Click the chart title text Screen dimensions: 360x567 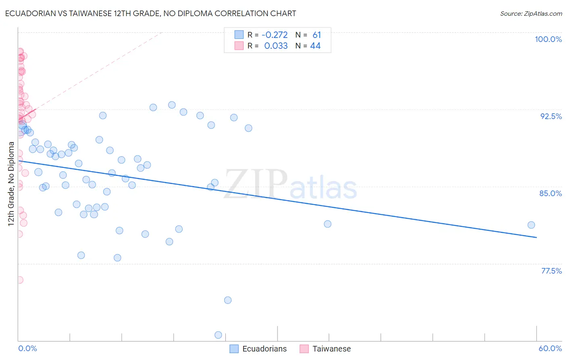pos(150,13)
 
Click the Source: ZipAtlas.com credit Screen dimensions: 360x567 pos(531,13)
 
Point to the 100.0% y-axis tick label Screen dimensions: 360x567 pos(548,39)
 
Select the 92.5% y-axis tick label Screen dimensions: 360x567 pos(551,116)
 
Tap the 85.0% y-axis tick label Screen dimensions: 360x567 pos(550,193)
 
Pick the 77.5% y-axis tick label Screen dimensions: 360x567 pos(551,271)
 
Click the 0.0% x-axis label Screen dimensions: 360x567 pos(27,348)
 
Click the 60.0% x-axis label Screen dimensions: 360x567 pos(550,348)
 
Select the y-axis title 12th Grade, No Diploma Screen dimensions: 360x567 pos(11,184)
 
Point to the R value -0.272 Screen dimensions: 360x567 pos(274,35)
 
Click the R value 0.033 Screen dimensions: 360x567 pos(276,46)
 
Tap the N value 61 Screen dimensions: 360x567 pos(317,35)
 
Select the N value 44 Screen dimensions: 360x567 pos(315,46)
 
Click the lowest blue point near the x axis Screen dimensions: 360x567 pos(218,335)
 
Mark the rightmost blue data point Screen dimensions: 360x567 pos(531,225)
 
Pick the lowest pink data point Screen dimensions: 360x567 pos(19,280)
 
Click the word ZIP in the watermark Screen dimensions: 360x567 pos(256,184)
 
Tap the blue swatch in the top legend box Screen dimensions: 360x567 pos(239,35)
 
